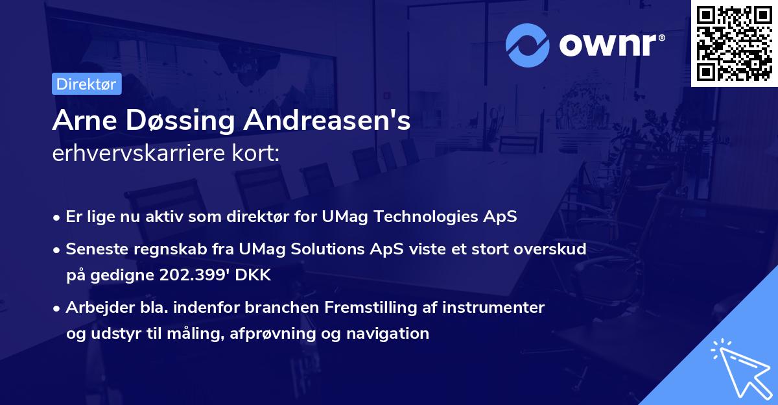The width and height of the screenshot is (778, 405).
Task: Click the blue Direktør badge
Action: click(x=87, y=84)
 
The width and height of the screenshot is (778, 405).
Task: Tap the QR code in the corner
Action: click(x=735, y=43)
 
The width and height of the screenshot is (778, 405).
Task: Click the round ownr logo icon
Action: click(x=528, y=45)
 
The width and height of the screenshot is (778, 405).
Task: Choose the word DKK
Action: click(x=253, y=275)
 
